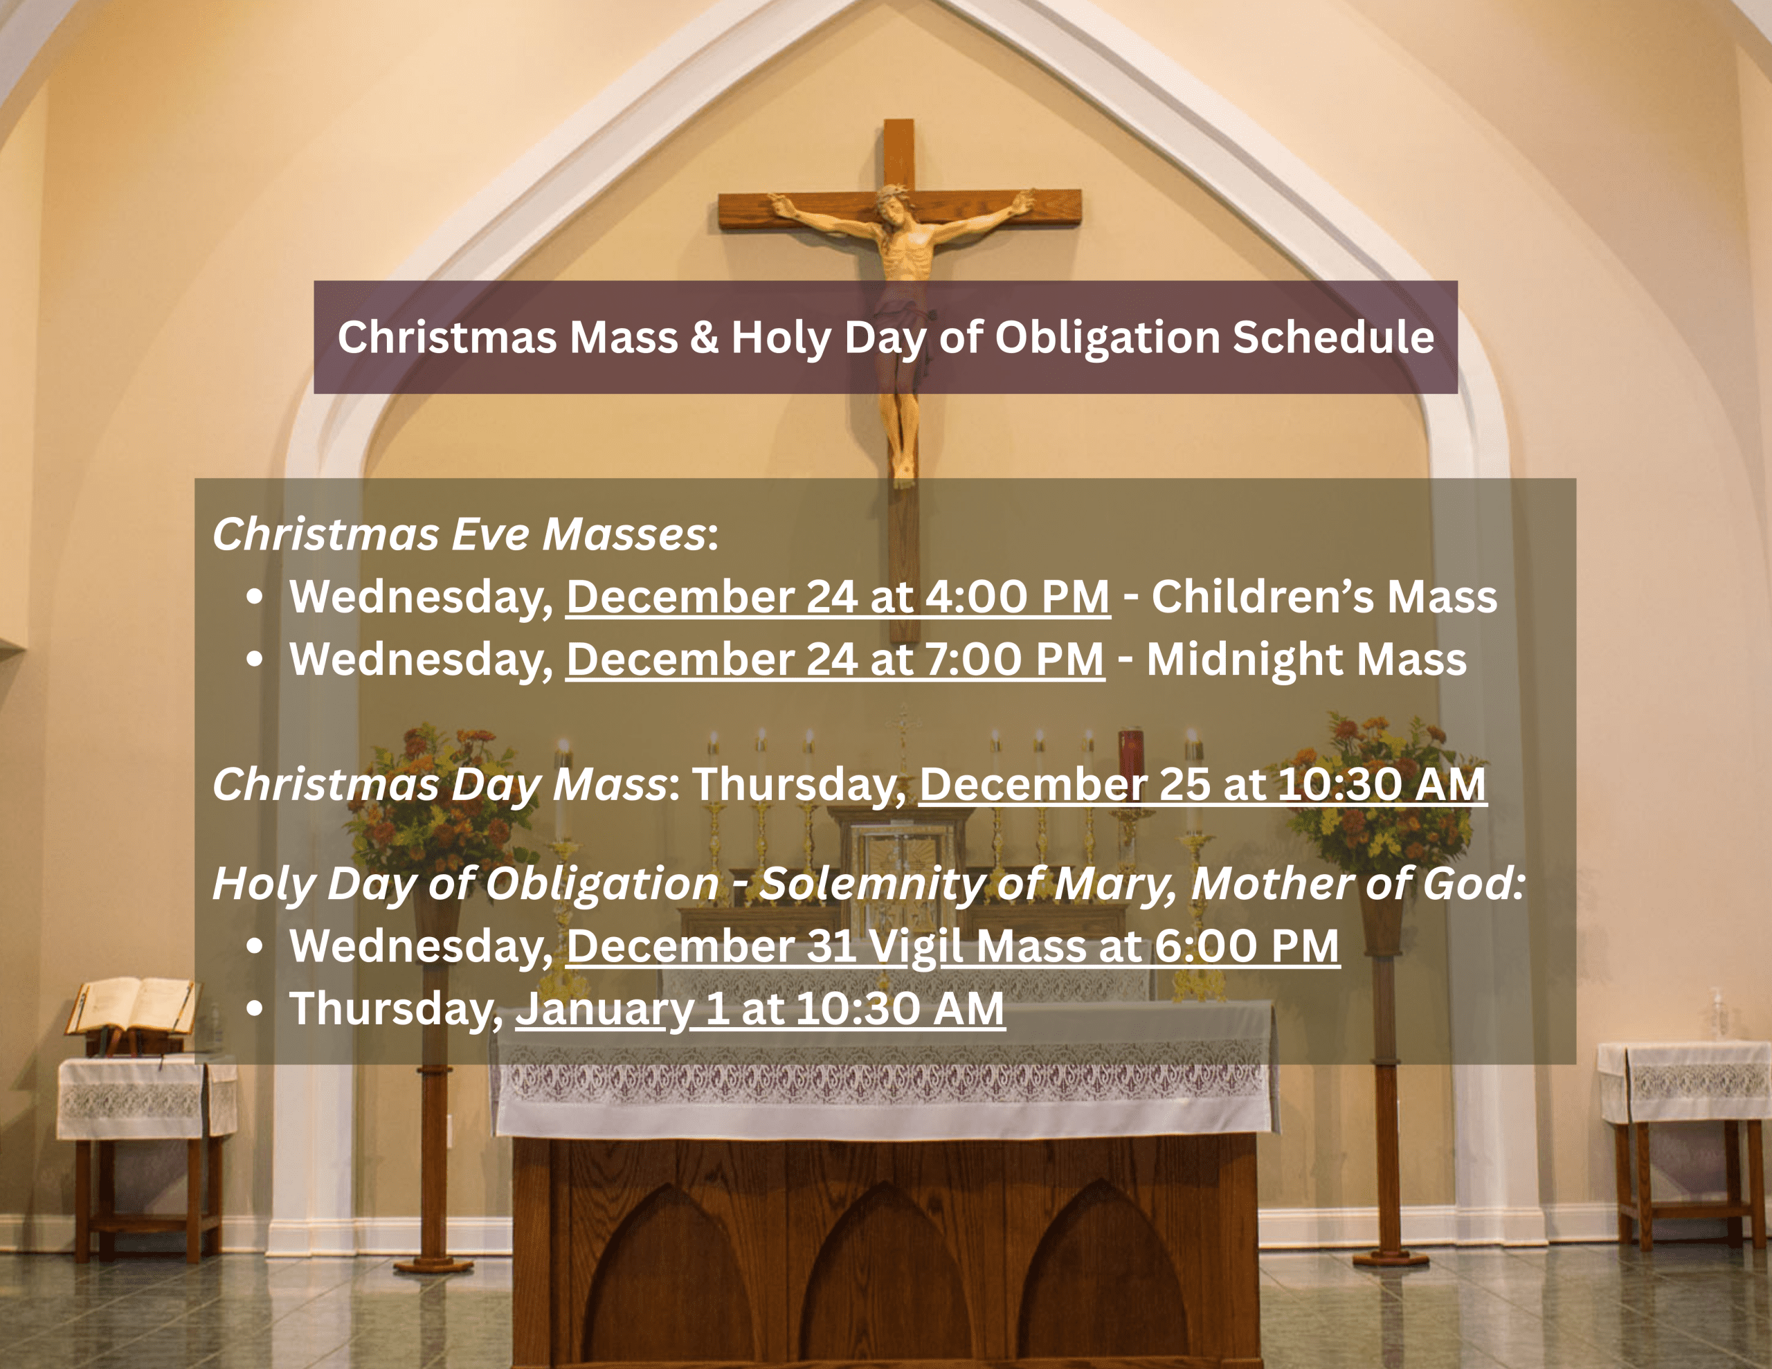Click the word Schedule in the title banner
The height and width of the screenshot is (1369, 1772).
pyautogui.click(x=1333, y=337)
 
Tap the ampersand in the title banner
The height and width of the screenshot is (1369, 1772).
pyautogui.click(x=704, y=338)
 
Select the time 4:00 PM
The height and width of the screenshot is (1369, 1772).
pyautogui.click(x=1018, y=597)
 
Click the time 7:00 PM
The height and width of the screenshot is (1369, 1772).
pyautogui.click(x=1014, y=659)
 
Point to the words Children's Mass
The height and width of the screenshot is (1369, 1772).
pyautogui.click(x=1324, y=597)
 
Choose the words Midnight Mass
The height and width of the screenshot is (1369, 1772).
pyautogui.click(x=1306, y=659)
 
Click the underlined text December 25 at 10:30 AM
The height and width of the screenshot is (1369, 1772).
pyautogui.click(x=1202, y=785)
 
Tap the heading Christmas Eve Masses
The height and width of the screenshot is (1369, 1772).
pyautogui.click(x=459, y=535)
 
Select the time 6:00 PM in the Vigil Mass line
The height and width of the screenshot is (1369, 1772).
pyautogui.click(x=1246, y=946)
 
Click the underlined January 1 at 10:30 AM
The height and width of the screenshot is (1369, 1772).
pyautogui.click(x=760, y=1008)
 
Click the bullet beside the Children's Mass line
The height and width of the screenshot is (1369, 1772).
pyautogui.click(x=255, y=597)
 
